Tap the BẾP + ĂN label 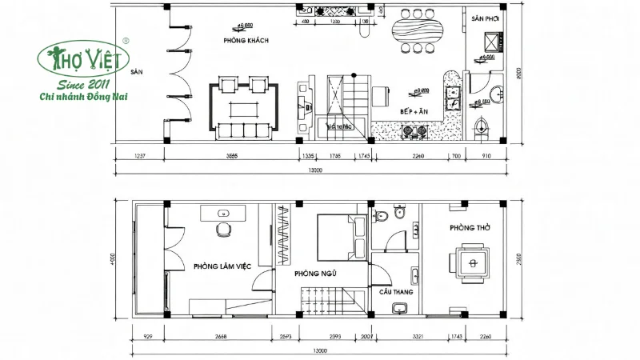click(414, 112)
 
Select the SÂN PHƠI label click(485, 18)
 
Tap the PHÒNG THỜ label click(464, 227)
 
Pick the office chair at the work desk click(222, 230)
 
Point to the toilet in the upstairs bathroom click(382, 214)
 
